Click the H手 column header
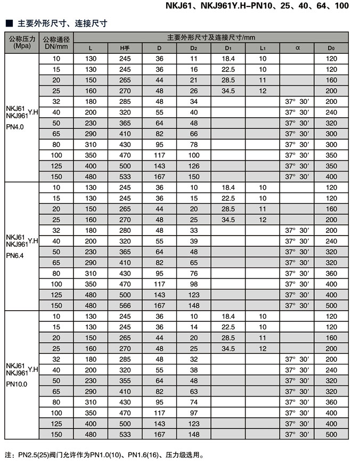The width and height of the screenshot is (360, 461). (125, 48)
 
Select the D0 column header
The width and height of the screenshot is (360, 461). (331, 48)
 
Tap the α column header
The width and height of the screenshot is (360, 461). (297, 48)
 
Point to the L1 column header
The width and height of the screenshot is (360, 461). (263, 48)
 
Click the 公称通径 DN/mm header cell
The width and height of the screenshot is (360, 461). (56, 42)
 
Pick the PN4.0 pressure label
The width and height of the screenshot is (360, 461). (15, 127)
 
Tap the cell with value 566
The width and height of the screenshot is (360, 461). (125, 305)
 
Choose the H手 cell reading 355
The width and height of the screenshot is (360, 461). (125, 381)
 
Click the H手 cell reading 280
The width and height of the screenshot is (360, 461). (125, 230)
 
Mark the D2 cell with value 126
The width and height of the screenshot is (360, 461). (194, 166)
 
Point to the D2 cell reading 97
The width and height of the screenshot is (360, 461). (194, 413)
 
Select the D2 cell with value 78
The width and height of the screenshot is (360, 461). (194, 144)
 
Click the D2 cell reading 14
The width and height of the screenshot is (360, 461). (194, 327)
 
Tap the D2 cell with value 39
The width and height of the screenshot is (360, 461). (194, 241)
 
